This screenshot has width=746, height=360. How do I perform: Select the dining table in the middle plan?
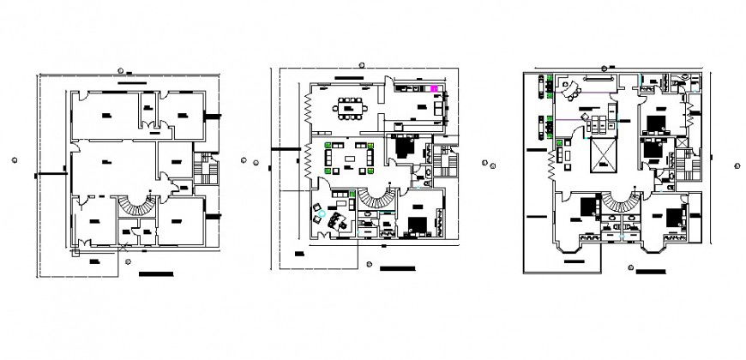350,107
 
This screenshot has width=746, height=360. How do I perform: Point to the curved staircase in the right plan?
620,203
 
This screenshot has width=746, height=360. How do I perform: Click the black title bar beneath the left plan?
155,275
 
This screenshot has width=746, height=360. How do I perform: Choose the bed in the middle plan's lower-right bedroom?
419,224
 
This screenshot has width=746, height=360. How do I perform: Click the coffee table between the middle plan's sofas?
351,156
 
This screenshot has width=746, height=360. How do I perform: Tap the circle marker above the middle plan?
361,64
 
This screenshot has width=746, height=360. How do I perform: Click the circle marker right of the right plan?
735,166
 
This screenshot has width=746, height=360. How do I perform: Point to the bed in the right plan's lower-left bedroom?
589,208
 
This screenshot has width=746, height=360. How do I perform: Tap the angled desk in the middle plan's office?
334,217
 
